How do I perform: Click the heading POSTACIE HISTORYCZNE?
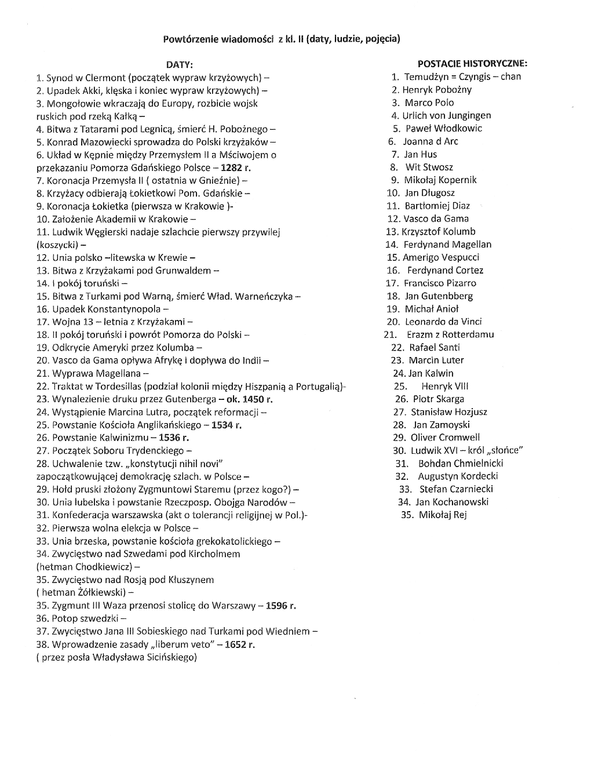pyautogui.click(x=472, y=63)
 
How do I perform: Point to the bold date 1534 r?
pyautogui.click(x=227, y=425)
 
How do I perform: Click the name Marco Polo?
pyautogui.click(x=429, y=103)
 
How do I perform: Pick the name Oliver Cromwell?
pyautogui.click(x=445, y=438)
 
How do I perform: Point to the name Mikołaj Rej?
pyautogui.click(x=443, y=515)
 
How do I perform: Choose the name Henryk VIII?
pyautogui.click(x=445, y=386)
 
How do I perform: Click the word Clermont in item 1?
pyautogui.click(x=105, y=77)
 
